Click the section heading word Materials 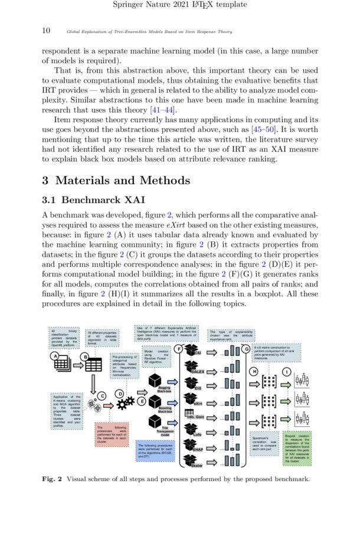coord(97,181)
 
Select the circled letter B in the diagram coord(84,357)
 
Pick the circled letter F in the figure coord(178,348)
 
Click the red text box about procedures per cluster coord(110,434)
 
